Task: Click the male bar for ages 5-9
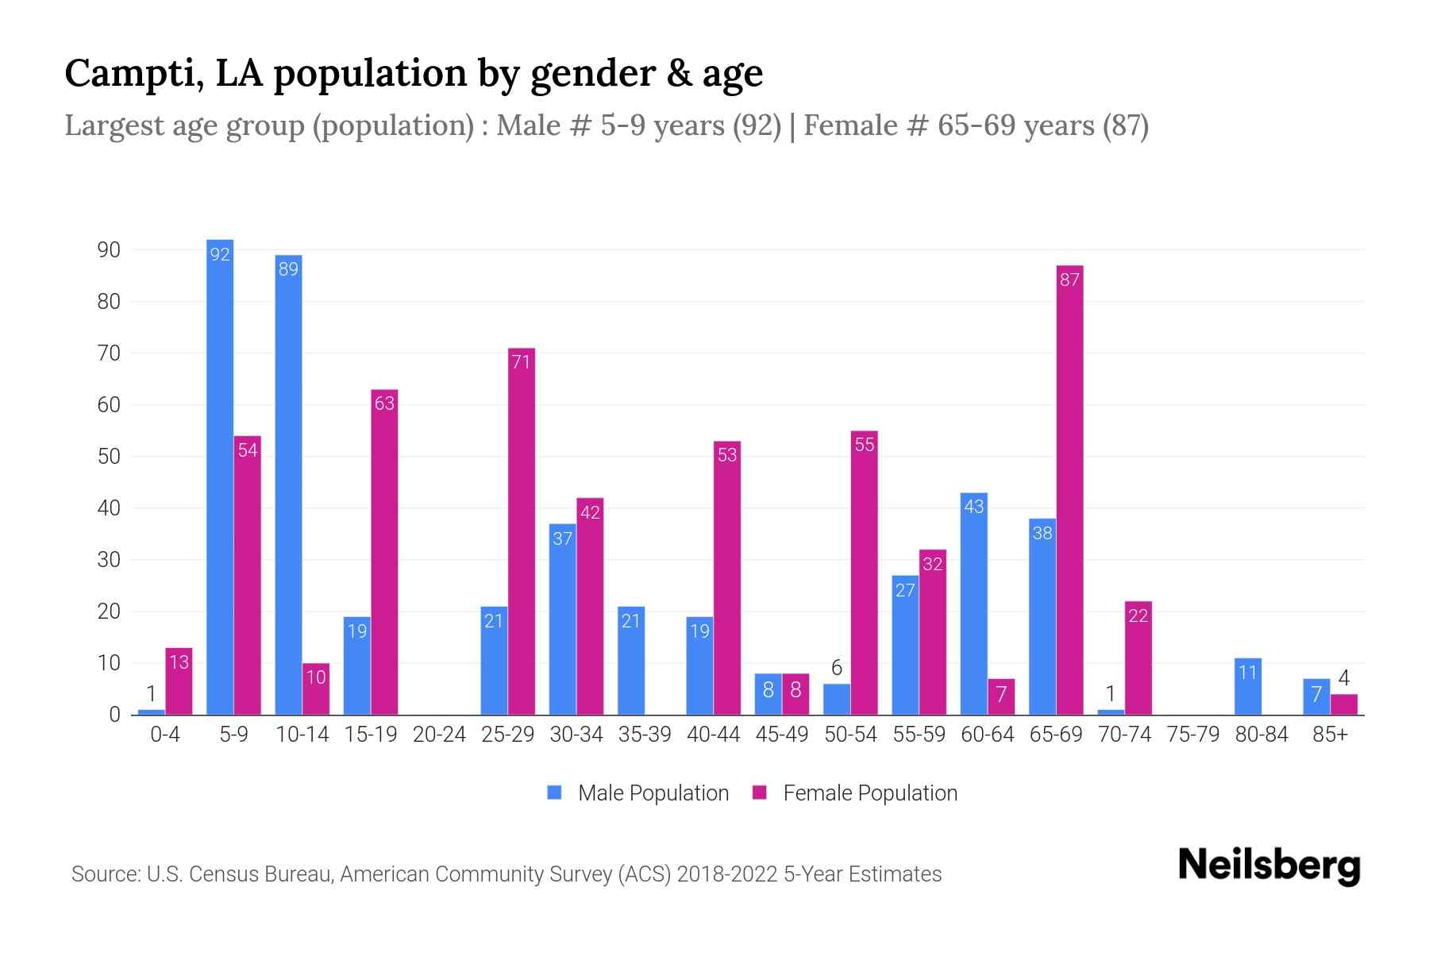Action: (220, 476)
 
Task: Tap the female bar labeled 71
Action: (522, 531)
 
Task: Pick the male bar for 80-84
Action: (1248, 686)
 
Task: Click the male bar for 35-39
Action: (631, 661)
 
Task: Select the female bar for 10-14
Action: (316, 689)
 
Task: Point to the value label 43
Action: (973, 507)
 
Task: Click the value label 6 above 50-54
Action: (836, 668)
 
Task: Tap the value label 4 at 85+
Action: (1343, 678)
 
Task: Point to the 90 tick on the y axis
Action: (108, 250)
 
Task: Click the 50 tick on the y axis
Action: (108, 457)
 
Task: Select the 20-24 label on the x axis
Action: (439, 735)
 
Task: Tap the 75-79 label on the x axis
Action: (1192, 735)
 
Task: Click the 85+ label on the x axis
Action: (1330, 735)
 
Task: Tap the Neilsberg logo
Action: (1269, 866)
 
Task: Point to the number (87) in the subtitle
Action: (1125, 125)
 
